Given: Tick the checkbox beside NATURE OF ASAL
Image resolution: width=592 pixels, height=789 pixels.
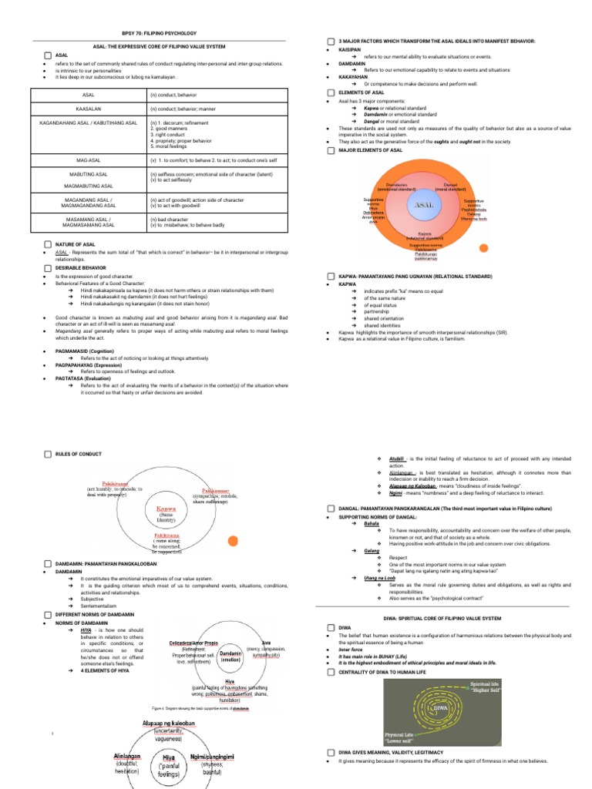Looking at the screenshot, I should pos(48,244).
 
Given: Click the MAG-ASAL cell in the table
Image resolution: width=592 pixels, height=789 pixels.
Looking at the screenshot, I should pos(89,160).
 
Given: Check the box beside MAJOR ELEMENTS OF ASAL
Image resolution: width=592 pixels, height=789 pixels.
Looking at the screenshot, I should pos(331,151).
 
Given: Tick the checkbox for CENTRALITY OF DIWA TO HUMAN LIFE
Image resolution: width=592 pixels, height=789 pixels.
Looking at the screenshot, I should pos(331,673).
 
